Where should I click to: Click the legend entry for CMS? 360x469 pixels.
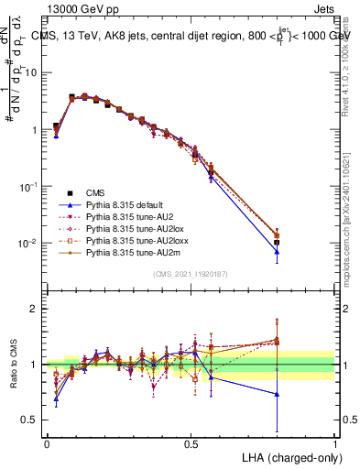(x=95, y=193)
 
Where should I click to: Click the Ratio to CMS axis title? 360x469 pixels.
(x=15, y=364)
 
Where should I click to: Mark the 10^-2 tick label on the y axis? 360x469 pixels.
(x=29, y=243)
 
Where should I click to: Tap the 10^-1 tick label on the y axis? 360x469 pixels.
(x=29, y=186)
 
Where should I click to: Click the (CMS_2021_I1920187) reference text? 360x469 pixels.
(x=191, y=275)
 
